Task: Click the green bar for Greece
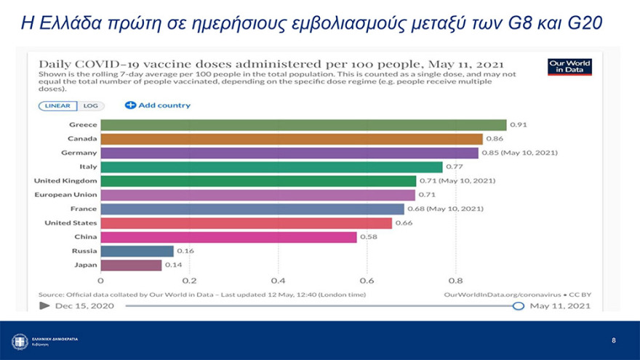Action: pos(303,125)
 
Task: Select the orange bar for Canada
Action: pos(291,139)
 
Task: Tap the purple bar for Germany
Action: pos(289,153)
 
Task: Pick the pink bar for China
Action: pos(228,237)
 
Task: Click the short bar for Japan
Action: pos(131,265)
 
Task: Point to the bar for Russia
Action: pos(137,251)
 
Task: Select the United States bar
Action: pos(246,223)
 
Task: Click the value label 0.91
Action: pos(519,125)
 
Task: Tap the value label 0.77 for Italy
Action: pos(455,167)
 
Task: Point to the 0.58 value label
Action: pos(369,237)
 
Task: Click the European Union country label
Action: pos(65,195)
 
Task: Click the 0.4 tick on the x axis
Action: pos(278,281)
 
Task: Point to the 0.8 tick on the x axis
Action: pos(455,281)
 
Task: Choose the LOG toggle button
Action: pos(90,105)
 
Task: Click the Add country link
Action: pos(158,105)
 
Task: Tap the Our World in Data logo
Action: pos(569,67)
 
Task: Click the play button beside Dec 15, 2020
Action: pos(44,305)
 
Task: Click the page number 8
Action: pos(613,340)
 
